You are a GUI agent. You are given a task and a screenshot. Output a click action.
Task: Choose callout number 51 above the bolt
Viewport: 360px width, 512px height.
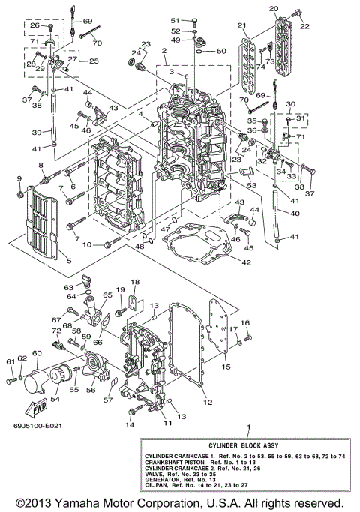click(x=173, y=20)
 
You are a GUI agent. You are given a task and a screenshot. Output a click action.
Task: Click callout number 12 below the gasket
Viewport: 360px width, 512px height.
click(x=208, y=403)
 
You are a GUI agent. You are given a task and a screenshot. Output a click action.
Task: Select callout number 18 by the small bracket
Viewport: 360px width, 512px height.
click(x=135, y=282)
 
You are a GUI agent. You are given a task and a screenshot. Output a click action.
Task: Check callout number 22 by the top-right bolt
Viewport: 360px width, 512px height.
click(x=304, y=27)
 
